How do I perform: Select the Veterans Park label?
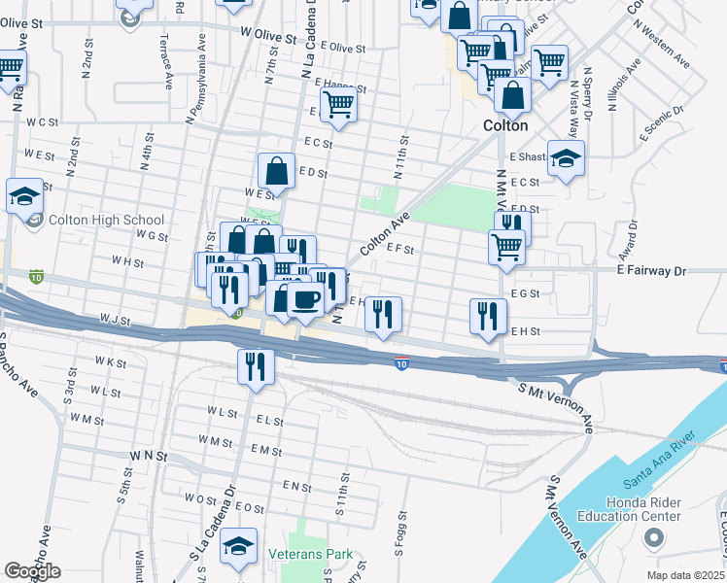coord(310,555)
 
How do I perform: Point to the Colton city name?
coord(505,126)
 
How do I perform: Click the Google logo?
coord(32,571)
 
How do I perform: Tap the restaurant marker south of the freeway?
coord(256,367)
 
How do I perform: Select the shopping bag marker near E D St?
coord(277,171)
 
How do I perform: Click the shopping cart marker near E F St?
coord(506,247)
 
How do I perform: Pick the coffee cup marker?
coord(306,298)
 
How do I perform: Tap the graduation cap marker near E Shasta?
coord(565,157)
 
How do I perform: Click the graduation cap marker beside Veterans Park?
coord(237,547)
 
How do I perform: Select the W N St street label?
coord(149,455)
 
